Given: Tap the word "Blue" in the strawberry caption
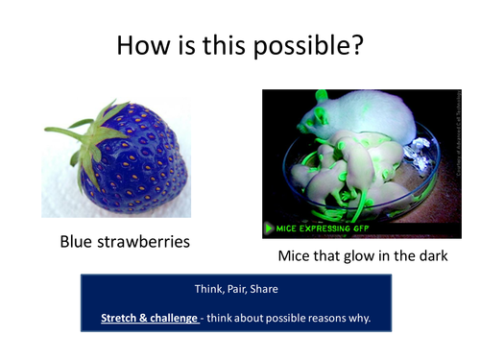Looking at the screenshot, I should (80, 241).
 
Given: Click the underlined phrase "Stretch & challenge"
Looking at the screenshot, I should (149, 316).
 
